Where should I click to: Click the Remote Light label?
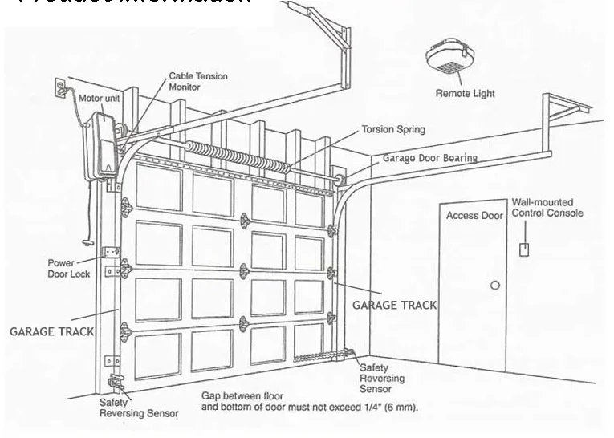click(465, 94)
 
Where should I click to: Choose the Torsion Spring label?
click(392, 128)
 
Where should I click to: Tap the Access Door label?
click(474, 216)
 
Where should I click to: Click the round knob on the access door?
click(494, 286)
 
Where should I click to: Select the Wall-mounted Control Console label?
click(547, 207)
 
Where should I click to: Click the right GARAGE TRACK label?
click(396, 305)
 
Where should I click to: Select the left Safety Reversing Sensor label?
click(132, 408)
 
